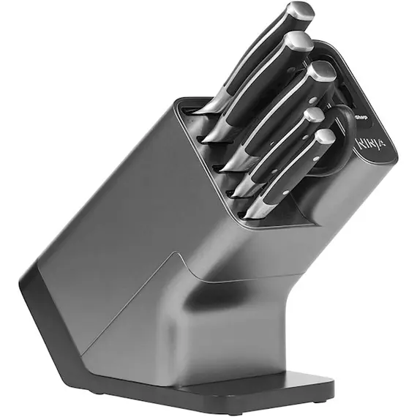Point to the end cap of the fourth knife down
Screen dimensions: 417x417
tap(314, 115)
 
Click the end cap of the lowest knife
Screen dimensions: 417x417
tap(324, 137)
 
